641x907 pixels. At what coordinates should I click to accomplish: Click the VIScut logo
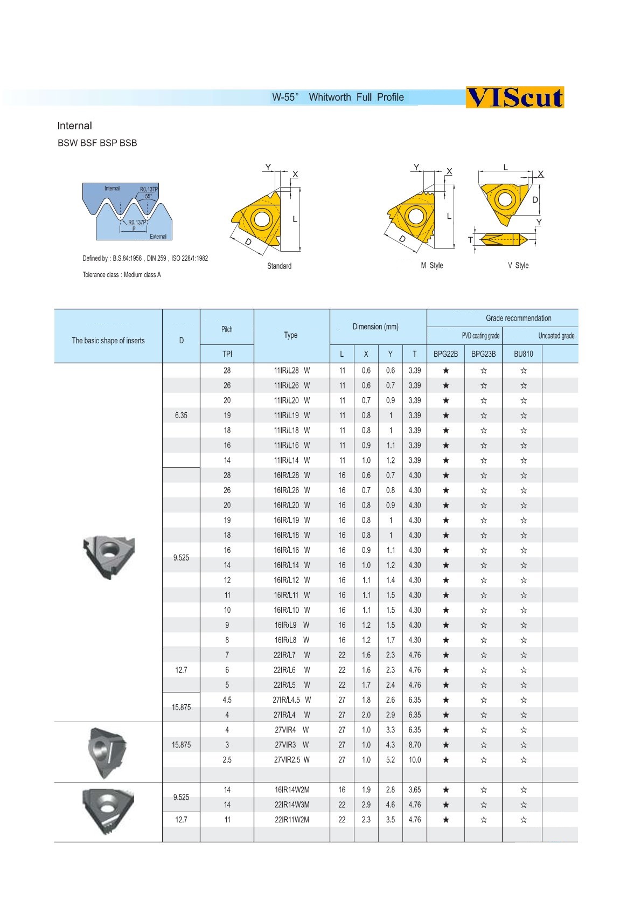click(514, 98)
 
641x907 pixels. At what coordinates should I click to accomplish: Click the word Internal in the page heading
click(74, 126)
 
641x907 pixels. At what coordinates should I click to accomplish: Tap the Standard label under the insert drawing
click(279, 266)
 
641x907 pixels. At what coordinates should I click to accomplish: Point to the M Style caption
click(432, 266)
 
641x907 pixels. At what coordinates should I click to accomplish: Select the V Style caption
click(518, 266)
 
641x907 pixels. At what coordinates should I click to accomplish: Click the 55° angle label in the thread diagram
click(148, 197)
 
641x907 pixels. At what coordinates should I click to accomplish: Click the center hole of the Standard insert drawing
click(261, 219)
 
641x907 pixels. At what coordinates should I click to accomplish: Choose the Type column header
click(291, 335)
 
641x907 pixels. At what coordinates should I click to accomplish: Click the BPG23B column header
click(483, 354)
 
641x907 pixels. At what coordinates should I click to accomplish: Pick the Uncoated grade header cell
click(556, 336)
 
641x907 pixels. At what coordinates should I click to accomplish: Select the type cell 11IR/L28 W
click(291, 371)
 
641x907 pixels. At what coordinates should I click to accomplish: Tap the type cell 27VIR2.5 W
click(291, 760)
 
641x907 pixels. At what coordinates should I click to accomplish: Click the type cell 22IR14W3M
click(291, 805)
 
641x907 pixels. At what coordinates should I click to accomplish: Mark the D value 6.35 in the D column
click(181, 416)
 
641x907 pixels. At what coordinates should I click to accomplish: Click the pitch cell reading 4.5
click(227, 700)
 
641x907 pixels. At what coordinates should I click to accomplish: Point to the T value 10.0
click(414, 760)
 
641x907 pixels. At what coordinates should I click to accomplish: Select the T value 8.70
click(414, 745)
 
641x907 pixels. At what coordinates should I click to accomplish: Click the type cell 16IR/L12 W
click(291, 580)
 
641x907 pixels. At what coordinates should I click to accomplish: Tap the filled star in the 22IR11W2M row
click(445, 820)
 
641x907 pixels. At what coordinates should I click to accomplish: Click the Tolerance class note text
click(122, 275)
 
